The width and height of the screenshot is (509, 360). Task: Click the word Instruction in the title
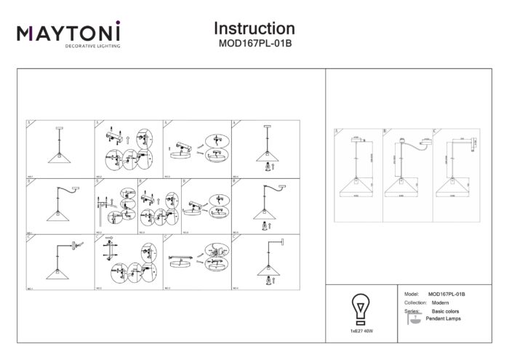(254, 28)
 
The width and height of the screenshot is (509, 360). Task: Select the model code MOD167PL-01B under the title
(254, 43)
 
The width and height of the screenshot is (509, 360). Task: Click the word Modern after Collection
(441, 301)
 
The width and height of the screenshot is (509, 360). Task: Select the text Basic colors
(445, 311)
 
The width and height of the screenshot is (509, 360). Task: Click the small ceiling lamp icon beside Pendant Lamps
(413, 321)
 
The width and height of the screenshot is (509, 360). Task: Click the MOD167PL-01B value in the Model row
(447, 292)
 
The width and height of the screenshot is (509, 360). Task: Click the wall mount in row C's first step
(76, 244)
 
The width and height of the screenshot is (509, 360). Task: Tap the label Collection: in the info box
(414, 301)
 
